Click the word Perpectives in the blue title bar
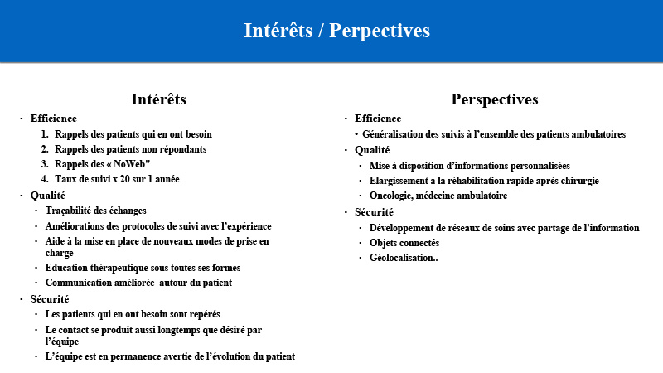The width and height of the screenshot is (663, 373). click(380, 31)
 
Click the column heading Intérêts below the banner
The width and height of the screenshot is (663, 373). click(158, 99)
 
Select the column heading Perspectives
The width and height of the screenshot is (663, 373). click(494, 99)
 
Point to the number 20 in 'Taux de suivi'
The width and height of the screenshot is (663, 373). click(124, 179)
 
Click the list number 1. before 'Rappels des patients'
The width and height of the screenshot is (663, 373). click(45, 134)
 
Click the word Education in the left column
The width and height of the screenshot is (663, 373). click(65, 268)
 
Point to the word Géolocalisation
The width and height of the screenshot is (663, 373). click(402, 258)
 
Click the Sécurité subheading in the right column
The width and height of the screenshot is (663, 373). click(374, 212)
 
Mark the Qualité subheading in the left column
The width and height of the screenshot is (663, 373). click(48, 196)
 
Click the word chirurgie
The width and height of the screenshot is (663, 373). click(579, 181)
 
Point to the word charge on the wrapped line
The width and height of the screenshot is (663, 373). click(59, 253)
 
